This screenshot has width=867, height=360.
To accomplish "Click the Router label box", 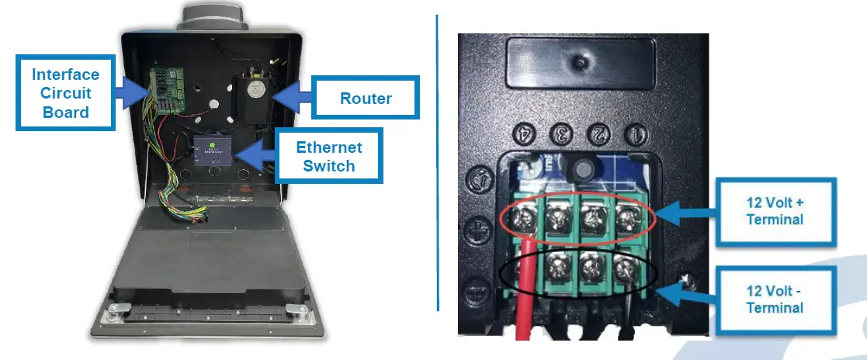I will (x=365, y=98).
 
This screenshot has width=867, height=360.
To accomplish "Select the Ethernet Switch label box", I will (x=329, y=155).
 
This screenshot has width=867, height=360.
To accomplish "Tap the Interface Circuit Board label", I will (x=66, y=93).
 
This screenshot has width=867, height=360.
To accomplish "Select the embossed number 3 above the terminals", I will (x=563, y=134).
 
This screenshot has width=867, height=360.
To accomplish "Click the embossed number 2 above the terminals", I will (x=600, y=134).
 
